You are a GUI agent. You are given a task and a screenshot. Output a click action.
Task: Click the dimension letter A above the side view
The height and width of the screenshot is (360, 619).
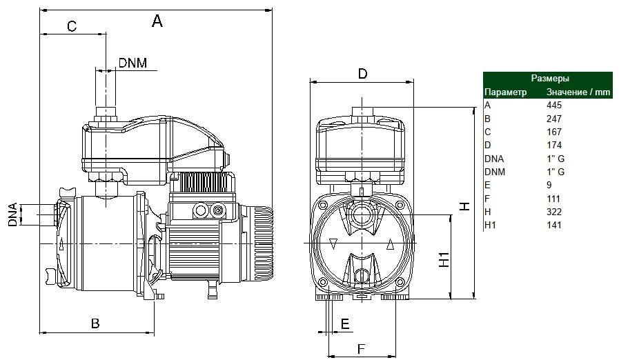point(157,21)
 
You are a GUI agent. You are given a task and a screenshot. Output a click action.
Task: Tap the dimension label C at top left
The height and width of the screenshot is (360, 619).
point(72,26)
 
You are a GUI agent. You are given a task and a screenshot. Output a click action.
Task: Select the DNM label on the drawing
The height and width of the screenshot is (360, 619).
point(132,63)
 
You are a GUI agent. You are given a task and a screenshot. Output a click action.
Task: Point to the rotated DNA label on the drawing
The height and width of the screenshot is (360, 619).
point(12,214)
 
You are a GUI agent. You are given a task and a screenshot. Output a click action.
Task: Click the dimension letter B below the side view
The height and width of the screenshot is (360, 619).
point(95,323)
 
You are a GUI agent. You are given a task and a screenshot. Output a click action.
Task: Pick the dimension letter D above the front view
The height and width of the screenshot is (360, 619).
point(362,74)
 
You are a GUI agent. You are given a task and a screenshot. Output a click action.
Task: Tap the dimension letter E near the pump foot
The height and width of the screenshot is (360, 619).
point(345,324)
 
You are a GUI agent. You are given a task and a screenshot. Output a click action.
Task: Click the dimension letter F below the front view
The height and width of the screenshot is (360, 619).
point(361,349)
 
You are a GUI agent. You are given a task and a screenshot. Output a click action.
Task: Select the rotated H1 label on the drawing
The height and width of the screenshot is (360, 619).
point(444,259)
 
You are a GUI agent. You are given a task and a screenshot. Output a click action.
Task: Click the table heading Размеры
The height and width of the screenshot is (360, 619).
point(550,78)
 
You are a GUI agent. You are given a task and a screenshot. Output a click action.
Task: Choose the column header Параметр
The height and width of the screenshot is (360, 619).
point(505,92)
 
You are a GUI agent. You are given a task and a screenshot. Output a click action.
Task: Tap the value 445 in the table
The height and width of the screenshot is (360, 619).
point(554,105)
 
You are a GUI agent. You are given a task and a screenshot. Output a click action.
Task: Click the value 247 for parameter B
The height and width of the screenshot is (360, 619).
point(554,119)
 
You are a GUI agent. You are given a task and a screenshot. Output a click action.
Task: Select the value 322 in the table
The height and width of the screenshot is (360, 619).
point(554,212)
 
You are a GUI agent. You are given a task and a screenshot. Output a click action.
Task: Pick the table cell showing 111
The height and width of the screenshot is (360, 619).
point(553,199)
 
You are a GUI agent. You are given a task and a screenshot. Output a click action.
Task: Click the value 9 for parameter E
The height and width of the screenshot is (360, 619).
point(549,185)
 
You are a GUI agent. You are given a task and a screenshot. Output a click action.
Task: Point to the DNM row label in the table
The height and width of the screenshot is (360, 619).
point(495,172)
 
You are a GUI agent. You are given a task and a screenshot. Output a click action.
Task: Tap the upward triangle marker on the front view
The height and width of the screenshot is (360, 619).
point(390,245)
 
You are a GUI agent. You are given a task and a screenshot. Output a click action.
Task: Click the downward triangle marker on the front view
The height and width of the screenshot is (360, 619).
point(333,244)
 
